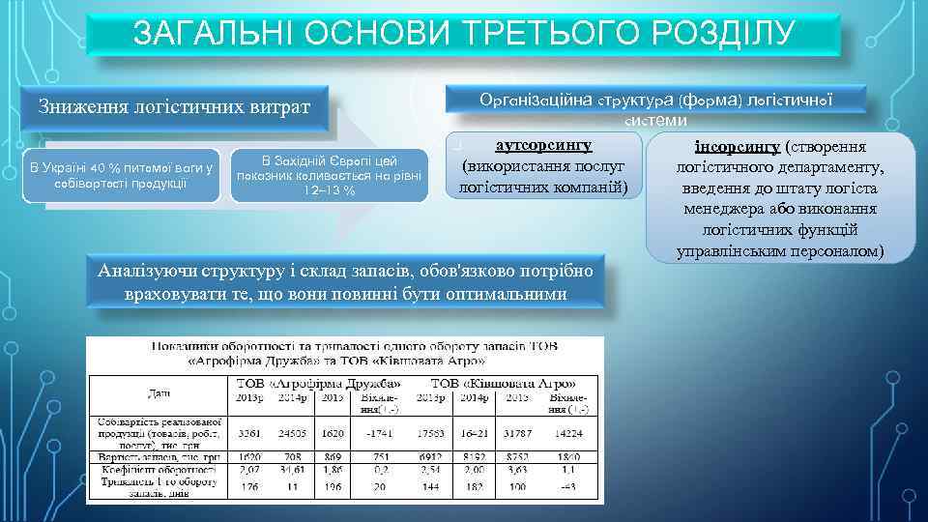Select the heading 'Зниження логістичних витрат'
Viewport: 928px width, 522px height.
tap(174, 104)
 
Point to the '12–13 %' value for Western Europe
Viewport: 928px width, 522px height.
tap(329, 188)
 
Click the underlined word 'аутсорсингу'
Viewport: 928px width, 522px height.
tap(542, 144)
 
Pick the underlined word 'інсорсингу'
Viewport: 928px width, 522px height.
tap(738, 148)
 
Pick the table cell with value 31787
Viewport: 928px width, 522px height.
tap(518, 433)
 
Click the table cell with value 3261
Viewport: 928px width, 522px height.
tap(248, 433)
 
